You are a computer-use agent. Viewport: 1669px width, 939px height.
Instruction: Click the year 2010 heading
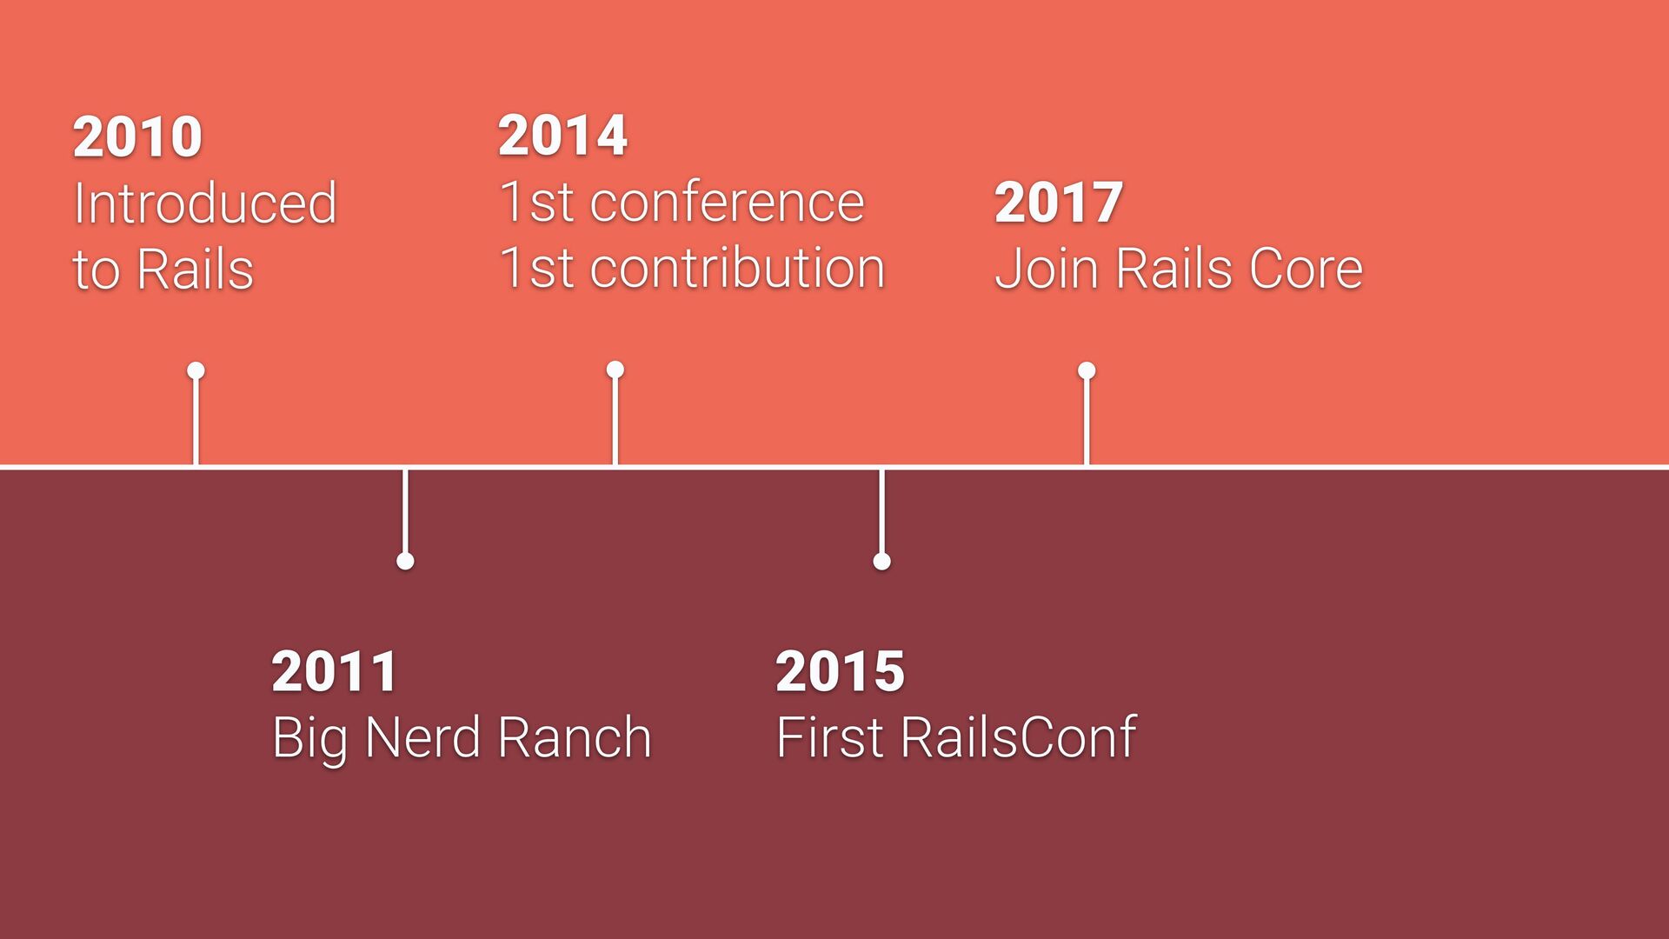(x=137, y=137)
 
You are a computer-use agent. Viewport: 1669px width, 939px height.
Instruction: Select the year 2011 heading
(x=335, y=671)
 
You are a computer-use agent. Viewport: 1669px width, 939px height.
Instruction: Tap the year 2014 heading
(x=562, y=136)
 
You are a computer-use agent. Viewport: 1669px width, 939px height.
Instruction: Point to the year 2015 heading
(x=840, y=671)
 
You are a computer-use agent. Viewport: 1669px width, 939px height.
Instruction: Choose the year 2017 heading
(x=1059, y=203)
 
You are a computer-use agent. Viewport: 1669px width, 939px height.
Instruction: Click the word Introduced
(x=205, y=203)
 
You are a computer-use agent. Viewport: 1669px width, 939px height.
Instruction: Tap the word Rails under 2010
(x=195, y=270)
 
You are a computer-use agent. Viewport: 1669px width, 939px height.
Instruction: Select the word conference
(x=727, y=203)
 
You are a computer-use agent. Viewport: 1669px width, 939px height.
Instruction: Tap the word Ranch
(x=575, y=737)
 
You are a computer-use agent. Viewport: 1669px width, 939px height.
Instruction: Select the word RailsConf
(x=1018, y=737)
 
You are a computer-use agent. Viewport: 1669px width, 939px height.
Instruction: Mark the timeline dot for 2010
(x=196, y=371)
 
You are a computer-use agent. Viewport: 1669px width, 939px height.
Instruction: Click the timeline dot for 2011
(x=405, y=561)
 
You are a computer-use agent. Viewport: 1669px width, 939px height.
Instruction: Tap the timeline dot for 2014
(x=615, y=370)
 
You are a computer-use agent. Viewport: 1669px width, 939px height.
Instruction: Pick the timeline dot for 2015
(x=881, y=561)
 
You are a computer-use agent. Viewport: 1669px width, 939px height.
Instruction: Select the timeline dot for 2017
(x=1087, y=371)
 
